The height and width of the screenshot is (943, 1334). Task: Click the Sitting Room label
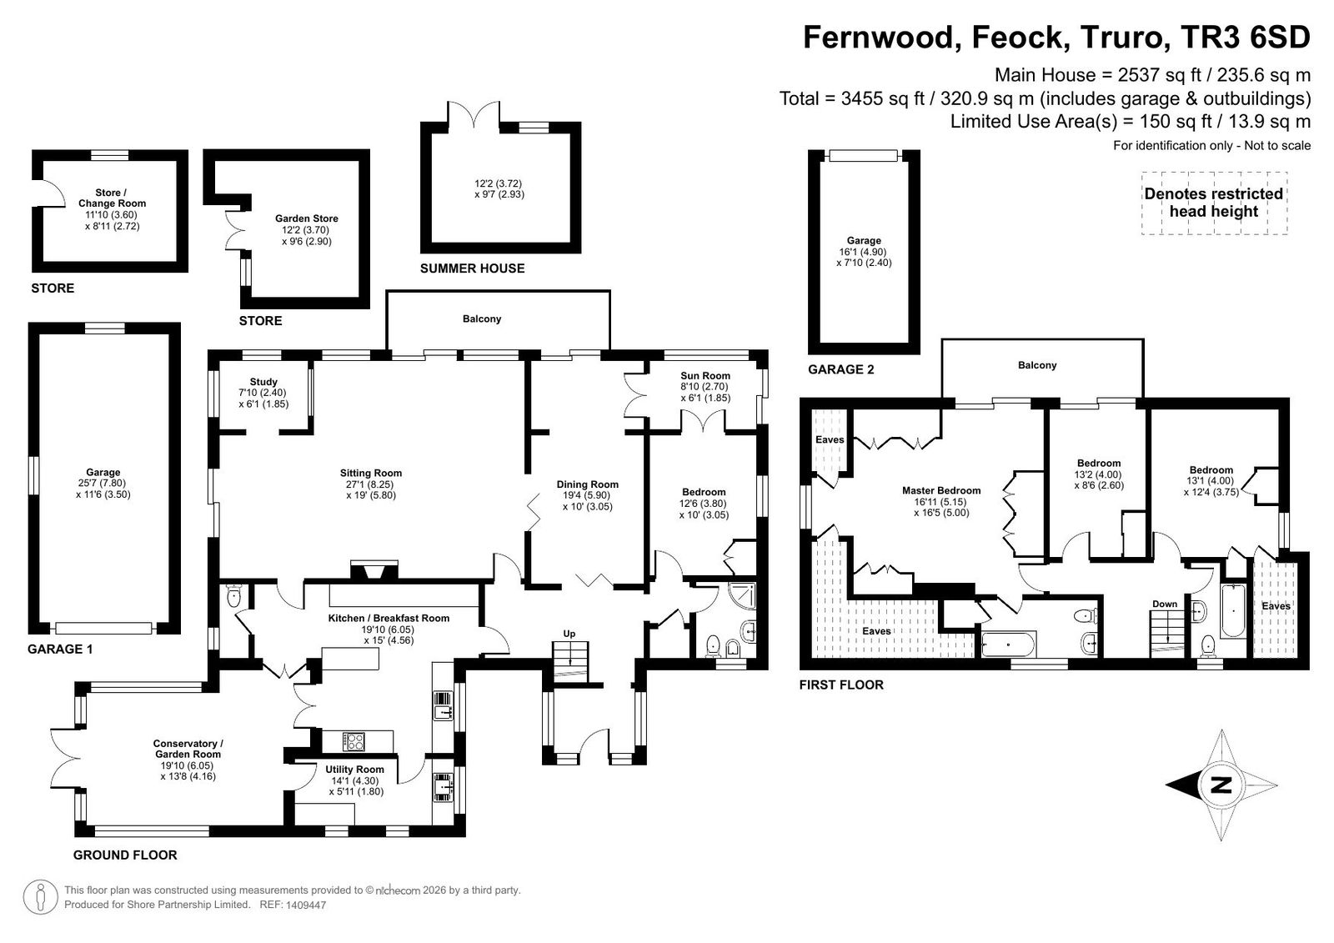(x=371, y=474)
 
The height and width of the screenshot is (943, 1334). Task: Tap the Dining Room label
(x=588, y=484)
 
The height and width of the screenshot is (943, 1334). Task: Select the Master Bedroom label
(x=941, y=490)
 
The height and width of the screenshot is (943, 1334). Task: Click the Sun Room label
(x=705, y=376)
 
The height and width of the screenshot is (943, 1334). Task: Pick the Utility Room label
(x=354, y=770)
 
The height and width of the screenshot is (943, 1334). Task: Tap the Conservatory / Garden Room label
(x=188, y=749)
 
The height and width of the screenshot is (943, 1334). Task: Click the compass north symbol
(x=1221, y=784)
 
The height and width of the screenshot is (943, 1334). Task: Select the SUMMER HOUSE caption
(x=472, y=268)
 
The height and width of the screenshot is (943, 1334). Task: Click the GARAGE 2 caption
(x=840, y=369)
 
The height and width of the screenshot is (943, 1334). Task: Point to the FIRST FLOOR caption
(x=841, y=685)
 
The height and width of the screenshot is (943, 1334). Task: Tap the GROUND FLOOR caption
(x=125, y=855)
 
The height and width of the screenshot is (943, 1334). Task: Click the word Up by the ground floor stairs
(x=569, y=634)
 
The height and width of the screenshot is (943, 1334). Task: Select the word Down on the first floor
(x=1165, y=604)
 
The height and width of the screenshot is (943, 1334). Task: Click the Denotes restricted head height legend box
(x=1213, y=203)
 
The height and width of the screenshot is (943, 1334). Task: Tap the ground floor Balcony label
(x=482, y=319)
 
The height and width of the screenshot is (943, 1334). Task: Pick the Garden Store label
(x=306, y=218)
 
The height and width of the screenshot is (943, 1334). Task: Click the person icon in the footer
(x=39, y=896)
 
